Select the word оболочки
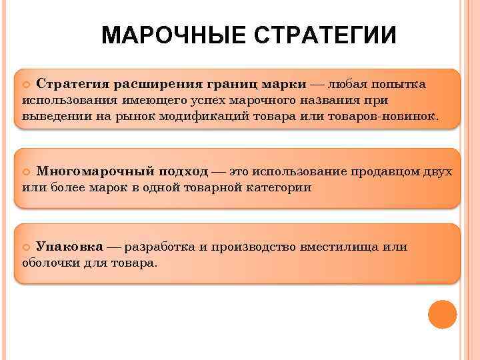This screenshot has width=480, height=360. [x=48, y=263]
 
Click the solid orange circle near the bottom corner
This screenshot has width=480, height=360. [x=442, y=315]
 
